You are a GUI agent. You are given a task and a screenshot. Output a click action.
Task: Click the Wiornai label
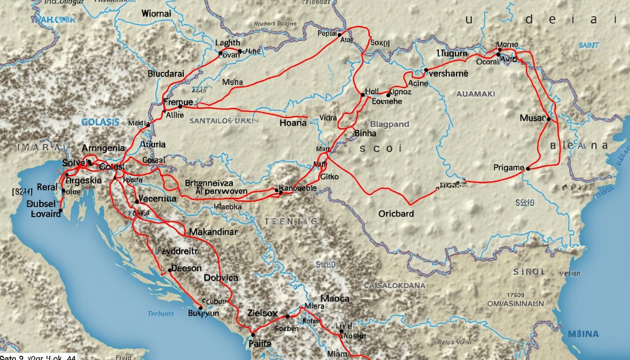156,14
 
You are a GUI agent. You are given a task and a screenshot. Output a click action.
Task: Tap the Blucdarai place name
166,73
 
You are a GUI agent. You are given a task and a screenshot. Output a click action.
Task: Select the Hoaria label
293,123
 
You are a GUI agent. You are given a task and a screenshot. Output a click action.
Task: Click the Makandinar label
214,232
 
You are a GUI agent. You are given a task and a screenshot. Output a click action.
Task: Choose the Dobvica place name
221,277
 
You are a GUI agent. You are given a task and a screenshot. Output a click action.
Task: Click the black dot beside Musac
548,119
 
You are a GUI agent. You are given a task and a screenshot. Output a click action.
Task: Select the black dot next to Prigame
528,168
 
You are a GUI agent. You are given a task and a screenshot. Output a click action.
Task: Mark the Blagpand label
390,125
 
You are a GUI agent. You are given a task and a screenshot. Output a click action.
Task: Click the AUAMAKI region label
475,94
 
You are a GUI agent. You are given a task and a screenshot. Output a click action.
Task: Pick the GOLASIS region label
100,122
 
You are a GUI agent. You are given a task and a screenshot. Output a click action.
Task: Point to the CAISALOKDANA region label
395,285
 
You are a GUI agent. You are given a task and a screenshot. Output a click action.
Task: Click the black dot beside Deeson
170,270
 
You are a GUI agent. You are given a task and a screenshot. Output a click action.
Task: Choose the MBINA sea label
584,334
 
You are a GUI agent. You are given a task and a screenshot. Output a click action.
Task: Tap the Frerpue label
178,102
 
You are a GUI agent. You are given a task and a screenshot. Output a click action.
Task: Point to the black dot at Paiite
253,335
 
